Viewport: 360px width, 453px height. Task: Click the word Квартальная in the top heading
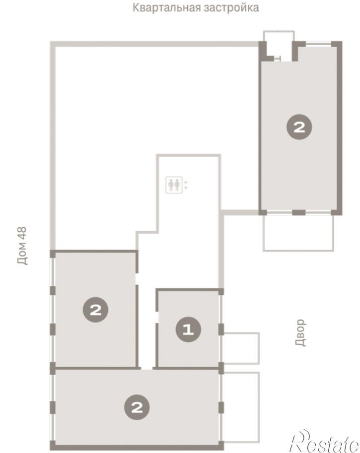click(x=166, y=7)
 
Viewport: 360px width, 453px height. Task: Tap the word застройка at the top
click(x=231, y=8)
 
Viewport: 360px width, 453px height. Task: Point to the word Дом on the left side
click(x=22, y=256)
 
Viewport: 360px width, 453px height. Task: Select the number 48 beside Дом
click(x=22, y=234)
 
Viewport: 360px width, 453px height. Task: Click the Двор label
click(x=300, y=332)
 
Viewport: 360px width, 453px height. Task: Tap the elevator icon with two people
click(x=174, y=185)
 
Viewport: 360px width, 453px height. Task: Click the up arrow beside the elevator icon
click(x=186, y=182)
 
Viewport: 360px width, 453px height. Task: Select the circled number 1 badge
click(x=188, y=329)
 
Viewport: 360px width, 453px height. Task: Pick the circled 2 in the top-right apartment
click(x=299, y=127)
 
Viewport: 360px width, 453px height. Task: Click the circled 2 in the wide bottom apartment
click(x=137, y=407)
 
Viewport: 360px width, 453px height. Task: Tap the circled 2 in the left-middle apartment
click(x=96, y=310)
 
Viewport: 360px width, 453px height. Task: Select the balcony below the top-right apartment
click(x=298, y=233)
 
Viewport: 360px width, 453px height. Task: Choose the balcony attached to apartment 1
click(x=241, y=348)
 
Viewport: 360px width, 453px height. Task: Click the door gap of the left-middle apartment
click(x=138, y=279)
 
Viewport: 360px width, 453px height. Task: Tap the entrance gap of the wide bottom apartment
click(x=146, y=368)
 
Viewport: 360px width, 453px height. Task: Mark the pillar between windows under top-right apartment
click(x=299, y=213)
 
